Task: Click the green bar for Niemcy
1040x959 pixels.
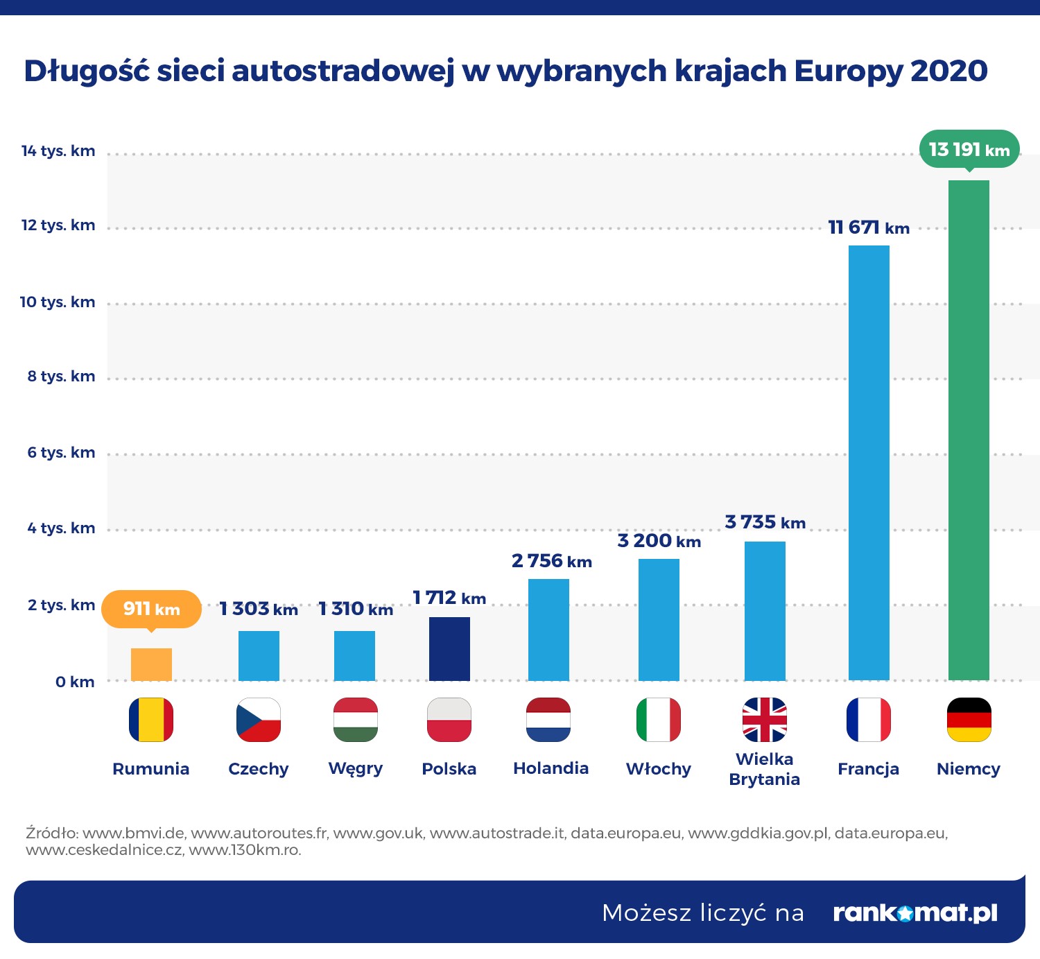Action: pos(969,430)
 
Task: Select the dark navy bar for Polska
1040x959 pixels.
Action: pos(449,649)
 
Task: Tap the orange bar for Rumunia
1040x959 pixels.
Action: pos(151,664)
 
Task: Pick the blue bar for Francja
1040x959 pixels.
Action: pos(869,463)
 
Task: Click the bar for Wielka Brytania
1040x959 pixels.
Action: pos(765,611)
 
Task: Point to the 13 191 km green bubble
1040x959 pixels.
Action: pos(969,149)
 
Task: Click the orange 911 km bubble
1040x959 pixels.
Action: pos(151,609)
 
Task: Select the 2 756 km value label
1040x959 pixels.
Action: pos(551,561)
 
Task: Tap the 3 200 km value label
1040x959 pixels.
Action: pos(659,541)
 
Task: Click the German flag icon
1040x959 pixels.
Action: pos(969,720)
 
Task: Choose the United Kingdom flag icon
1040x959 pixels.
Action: pos(765,720)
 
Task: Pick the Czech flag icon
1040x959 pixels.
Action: pos(258,720)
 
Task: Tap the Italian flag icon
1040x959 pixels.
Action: pos(659,720)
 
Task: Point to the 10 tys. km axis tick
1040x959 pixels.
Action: pos(58,302)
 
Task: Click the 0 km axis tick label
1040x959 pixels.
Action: pos(75,682)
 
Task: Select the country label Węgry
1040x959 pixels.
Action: pos(355,769)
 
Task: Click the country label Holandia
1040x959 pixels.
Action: pos(551,768)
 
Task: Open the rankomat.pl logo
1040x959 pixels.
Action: pos(915,913)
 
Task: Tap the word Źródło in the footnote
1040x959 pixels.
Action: pos(52,833)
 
